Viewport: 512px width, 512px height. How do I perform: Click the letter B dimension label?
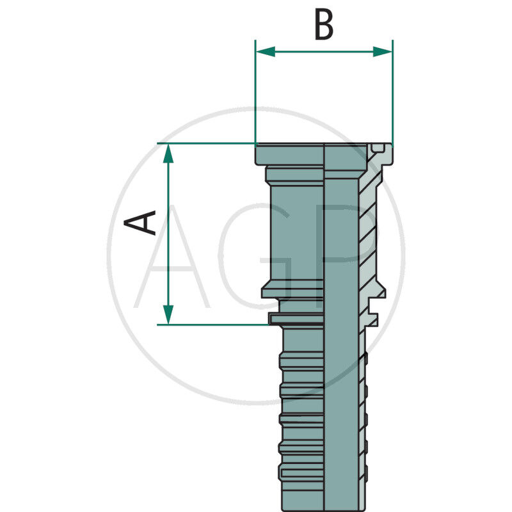324,26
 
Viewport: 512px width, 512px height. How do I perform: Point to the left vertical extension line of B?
255,96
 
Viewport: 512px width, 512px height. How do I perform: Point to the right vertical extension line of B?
392,96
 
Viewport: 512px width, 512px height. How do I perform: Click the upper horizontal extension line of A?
205,143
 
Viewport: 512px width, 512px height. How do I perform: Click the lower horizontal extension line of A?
211,324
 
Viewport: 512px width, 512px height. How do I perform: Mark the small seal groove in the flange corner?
379,150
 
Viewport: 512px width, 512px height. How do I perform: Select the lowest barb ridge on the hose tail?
301,474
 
